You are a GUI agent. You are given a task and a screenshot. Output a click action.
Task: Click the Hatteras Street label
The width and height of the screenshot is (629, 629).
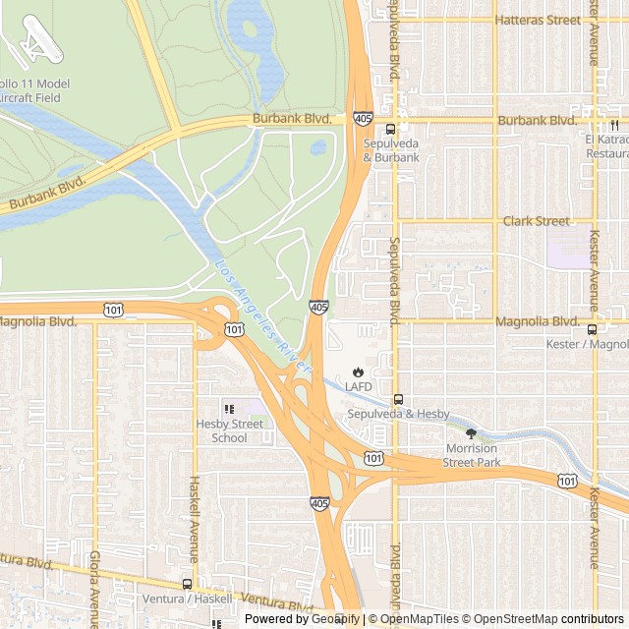(x=538, y=20)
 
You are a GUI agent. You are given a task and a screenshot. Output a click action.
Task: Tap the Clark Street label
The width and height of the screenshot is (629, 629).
(x=536, y=221)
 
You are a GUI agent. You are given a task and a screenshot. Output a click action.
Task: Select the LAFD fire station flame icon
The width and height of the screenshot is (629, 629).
(x=358, y=373)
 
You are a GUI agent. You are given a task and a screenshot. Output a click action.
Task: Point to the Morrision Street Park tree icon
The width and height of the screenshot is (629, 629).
(x=471, y=433)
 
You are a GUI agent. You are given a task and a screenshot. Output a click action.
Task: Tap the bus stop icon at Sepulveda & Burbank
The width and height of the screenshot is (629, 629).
(x=390, y=129)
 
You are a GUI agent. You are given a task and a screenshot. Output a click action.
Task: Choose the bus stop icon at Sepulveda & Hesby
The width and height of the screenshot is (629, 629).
(x=398, y=400)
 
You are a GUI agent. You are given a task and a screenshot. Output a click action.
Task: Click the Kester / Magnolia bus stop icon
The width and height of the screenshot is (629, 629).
(x=592, y=330)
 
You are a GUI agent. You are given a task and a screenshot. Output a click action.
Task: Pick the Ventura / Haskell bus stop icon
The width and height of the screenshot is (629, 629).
(x=187, y=584)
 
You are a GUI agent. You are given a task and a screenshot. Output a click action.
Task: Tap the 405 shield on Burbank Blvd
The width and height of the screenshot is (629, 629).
(x=363, y=119)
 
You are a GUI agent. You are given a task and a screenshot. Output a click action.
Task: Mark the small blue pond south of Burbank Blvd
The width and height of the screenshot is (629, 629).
(x=318, y=148)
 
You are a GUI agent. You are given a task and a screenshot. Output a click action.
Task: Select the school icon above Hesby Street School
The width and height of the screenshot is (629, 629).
(x=229, y=410)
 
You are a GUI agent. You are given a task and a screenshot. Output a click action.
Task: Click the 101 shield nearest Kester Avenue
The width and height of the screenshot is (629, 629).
(x=567, y=480)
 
